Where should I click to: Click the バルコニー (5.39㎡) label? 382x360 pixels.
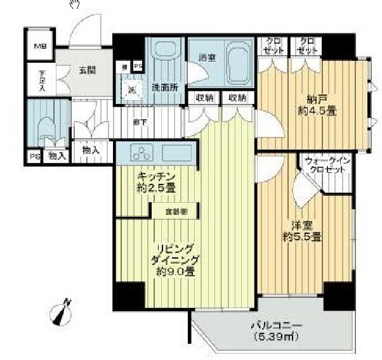[x=273, y=330]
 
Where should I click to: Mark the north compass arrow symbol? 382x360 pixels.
[x=62, y=311]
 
